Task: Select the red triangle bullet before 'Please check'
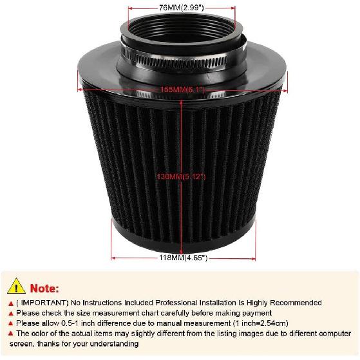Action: coord(10,313)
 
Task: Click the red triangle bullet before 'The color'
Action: coord(10,334)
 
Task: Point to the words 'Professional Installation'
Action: coord(202,302)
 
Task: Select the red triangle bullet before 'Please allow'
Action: coord(10,323)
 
